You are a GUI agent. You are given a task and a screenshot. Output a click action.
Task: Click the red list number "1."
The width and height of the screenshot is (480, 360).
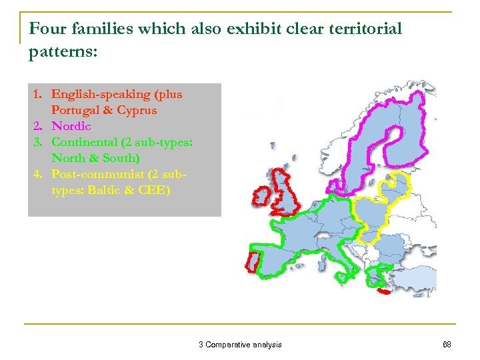[x=39, y=95]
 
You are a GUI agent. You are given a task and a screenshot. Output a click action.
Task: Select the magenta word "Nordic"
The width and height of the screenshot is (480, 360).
[x=71, y=126]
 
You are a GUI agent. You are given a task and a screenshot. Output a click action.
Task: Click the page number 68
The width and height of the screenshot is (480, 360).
[x=447, y=345]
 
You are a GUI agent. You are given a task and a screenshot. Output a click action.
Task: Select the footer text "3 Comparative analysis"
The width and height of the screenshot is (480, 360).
[x=240, y=345]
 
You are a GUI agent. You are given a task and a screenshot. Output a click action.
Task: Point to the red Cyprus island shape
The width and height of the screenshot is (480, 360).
[x=383, y=291]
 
